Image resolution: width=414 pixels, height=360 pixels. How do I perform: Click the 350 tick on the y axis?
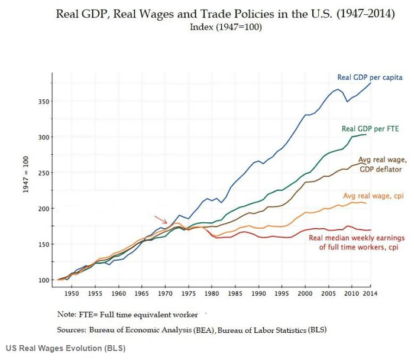(46, 102)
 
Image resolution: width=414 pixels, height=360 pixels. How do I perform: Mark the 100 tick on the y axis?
(46, 280)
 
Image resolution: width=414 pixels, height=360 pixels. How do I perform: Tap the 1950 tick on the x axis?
(72, 293)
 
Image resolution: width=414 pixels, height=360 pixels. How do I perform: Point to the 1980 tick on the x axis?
(212, 293)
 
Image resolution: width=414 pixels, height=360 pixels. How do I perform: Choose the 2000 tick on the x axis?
(305, 293)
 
